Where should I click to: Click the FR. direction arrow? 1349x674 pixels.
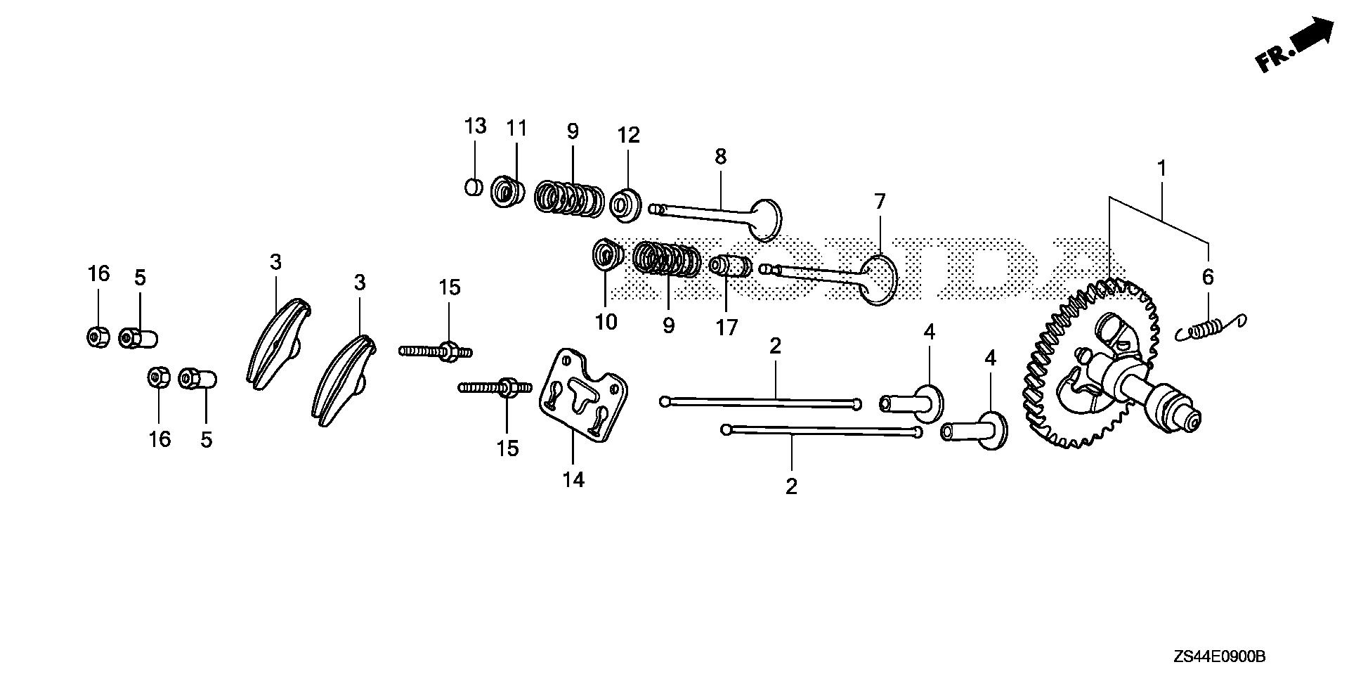tap(1294, 46)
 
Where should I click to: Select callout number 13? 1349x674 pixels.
tap(475, 127)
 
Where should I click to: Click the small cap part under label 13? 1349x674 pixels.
tap(474, 188)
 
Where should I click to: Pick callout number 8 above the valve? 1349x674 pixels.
tap(721, 157)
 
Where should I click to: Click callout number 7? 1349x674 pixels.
tap(880, 202)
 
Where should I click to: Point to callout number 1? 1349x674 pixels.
tap(1162, 169)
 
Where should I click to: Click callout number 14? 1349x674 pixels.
tap(573, 480)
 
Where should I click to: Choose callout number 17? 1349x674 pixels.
tap(726, 328)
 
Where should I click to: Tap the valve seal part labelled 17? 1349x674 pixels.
tap(731, 267)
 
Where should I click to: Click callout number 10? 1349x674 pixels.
tap(606, 322)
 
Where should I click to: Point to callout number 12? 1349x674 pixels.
tap(629, 136)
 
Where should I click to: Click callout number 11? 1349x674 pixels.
tap(517, 129)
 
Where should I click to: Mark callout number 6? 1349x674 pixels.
tap(1208, 277)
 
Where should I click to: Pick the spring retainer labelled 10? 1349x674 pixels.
tap(607, 255)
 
